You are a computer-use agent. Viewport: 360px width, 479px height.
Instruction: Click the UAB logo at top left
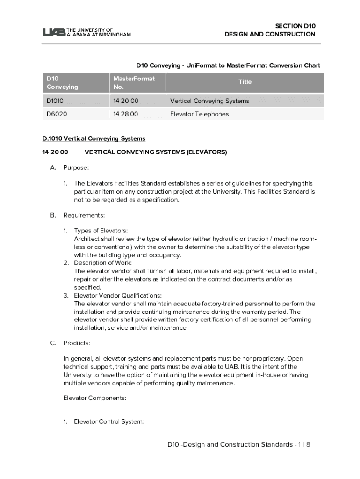pos(86,32)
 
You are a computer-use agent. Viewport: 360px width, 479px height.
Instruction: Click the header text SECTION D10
pos(288,26)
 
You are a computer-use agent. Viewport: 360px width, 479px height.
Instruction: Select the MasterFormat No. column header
pos(134,83)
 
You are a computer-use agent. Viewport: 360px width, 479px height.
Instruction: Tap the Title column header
pos(245,82)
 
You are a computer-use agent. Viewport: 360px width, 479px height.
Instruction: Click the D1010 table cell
pos(55,101)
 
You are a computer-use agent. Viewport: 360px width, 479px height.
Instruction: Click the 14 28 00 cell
pos(126,114)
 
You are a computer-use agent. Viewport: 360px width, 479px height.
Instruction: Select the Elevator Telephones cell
pos(199,114)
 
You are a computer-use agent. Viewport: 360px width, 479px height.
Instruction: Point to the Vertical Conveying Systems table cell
pos(209,101)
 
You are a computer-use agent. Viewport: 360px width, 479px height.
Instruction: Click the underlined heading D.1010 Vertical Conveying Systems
pos(94,138)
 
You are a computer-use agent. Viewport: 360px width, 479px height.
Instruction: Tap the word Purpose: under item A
pos(76,167)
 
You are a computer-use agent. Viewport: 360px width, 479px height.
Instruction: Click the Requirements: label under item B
pos(84,215)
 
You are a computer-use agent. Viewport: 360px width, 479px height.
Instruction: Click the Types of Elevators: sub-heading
pos(101,231)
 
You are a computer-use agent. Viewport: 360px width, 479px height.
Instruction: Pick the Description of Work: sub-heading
pos(103,263)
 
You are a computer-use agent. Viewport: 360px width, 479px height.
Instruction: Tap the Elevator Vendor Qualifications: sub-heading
pos(118,296)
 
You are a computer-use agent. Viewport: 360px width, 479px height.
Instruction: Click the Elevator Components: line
pos(95,399)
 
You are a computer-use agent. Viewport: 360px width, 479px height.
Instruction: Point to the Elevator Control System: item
pos(108,422)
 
